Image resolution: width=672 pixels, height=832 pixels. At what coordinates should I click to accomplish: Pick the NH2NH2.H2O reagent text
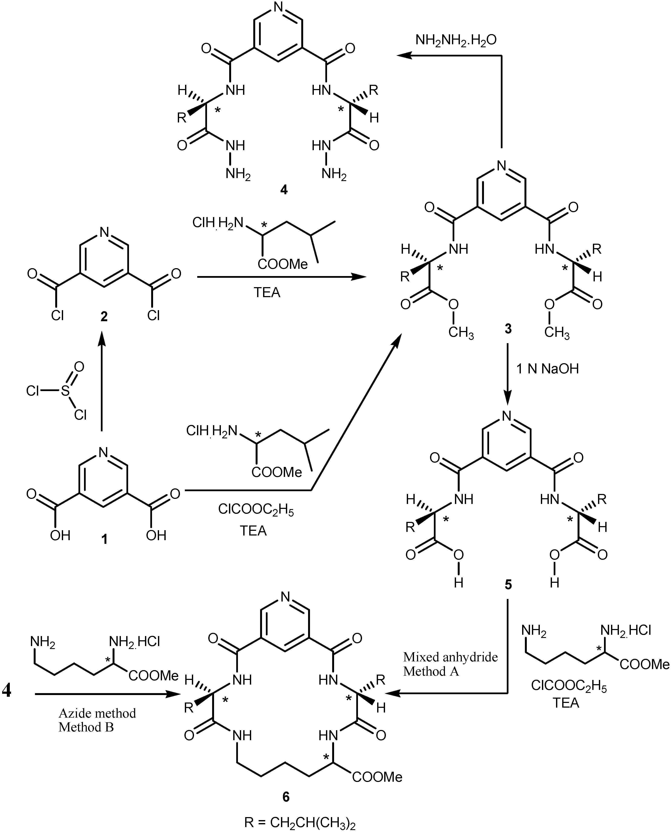(456, 40)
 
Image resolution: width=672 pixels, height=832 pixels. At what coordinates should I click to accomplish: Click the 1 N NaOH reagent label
(547, 369)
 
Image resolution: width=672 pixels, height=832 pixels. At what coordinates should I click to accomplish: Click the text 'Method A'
(431, 671)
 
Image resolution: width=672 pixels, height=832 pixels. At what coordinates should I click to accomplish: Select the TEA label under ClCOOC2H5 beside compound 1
(253, 531)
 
